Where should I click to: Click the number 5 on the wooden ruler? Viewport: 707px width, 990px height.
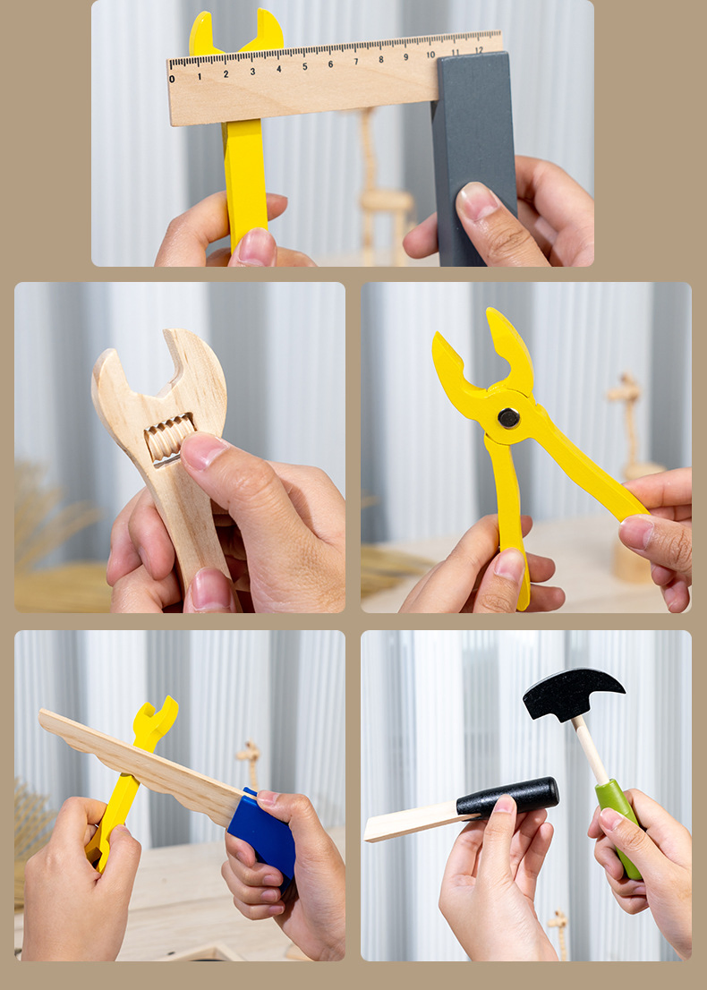(304, 66)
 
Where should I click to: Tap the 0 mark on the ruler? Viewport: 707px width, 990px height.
(172, 79)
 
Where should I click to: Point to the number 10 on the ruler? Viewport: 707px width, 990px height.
(430, 55)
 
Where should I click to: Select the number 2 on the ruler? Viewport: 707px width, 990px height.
(226, 74)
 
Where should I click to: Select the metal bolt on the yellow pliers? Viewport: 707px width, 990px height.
(508, 417)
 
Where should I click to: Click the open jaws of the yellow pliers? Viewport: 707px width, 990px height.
(486, 363)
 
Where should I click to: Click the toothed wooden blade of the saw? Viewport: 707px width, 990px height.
(139, 764)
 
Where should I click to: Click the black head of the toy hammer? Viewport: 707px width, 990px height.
(570, 693)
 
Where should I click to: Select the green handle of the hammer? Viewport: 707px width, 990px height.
(618, 827)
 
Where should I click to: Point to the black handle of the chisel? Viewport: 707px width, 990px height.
(507, 796)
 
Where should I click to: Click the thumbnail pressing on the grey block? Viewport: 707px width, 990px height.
(476, 201)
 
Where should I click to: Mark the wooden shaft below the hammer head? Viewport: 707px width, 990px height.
(591, 750)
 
